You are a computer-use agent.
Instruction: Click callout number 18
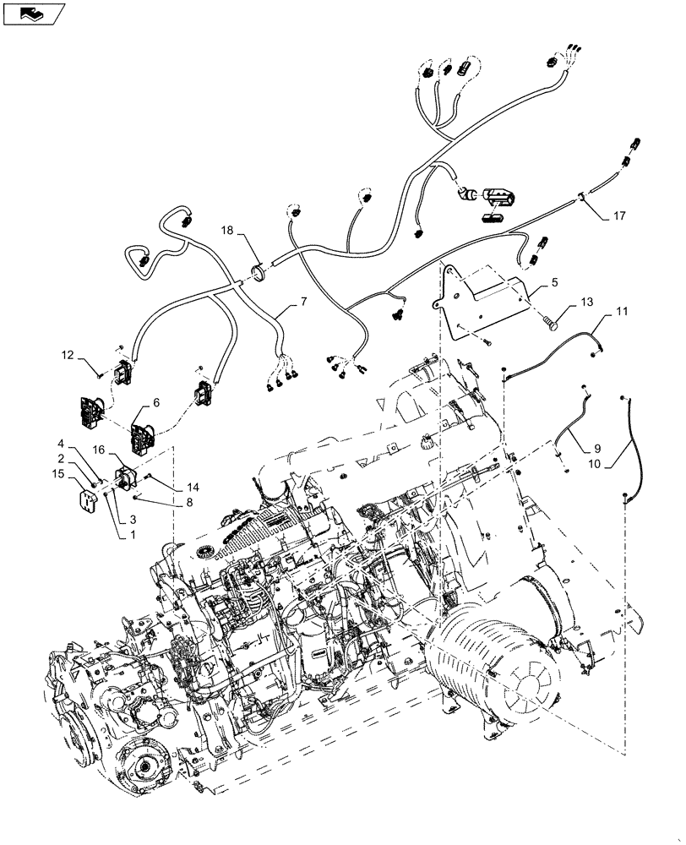pyautogui.click(x=227, y=231)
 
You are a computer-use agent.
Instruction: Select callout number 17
pyautogui.click(x=619, y=216)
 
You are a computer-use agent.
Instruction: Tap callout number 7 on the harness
pyautogui.click(x=302, y=302)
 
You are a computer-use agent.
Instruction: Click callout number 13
pyautogui.click(x=587, y=303)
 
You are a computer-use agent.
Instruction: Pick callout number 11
pyautogui.click(x=621, y=313)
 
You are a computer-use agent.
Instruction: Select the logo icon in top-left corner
pyautogui.click(x=33, y=14)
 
